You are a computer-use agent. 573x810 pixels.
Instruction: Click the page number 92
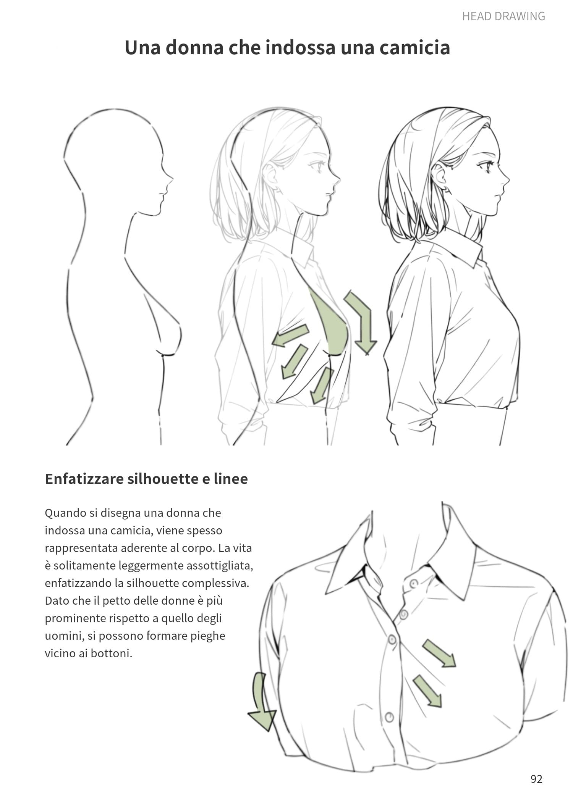tap(536, 778)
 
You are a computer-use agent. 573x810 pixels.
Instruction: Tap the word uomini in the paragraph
tap(64, 636)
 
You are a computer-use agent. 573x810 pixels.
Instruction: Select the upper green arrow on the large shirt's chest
tap(439, 653)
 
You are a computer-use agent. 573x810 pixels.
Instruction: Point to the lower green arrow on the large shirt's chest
tap(427, 691)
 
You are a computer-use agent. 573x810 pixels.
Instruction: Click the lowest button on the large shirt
tap(389, 716)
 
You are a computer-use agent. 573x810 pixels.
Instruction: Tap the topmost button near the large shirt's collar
tap(414, 584)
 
